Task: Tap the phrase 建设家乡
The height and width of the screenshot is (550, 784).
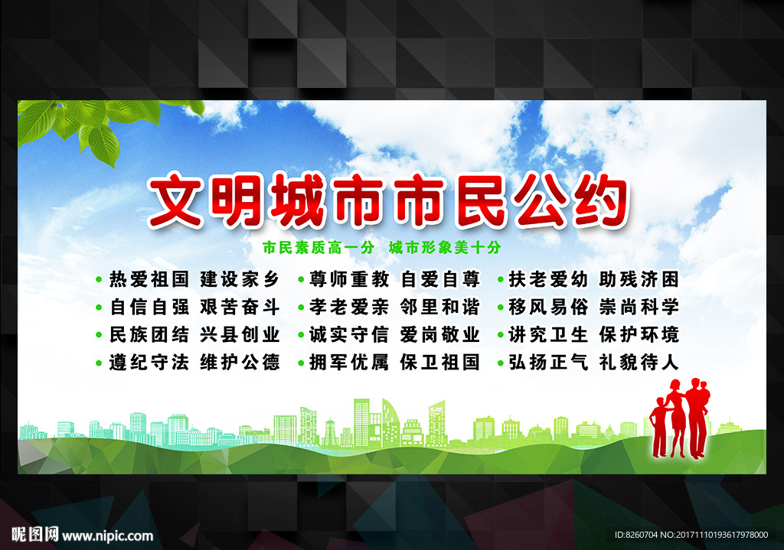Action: click(240, 278)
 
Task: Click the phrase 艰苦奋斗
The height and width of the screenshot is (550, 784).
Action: click(240, 307)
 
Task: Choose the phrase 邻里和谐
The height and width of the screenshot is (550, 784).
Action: click(439, 307)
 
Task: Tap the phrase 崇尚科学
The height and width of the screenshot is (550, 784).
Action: click(639, 307)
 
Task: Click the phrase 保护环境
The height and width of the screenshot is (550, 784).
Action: click(639, 334)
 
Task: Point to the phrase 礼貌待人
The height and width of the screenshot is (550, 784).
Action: click(639, 362)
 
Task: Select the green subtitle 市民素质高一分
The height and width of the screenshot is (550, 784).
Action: click(318, 248)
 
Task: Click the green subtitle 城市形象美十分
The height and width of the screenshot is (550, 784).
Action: click(444, 248)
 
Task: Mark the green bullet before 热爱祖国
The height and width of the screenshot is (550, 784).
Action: click(99, 279)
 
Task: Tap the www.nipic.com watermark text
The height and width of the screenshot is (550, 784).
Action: click(103, 535)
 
